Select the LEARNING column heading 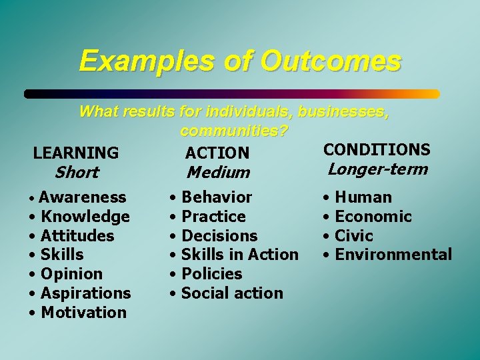point(76,153)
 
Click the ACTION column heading point(217,153)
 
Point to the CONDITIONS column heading point(377,149)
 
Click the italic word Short point(76,173)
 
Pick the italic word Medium point(218,173)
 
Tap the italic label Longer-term point(377,169)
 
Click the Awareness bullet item point(82,197)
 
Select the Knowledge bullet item point(85,217)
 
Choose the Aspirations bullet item point(85,293)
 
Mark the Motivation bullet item point(83,313)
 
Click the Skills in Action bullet point(239,255)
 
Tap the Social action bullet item point(232,293)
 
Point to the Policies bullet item point(211,274)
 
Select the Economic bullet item point(373,217)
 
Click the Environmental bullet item point(393,255)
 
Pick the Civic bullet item point(353,236)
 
